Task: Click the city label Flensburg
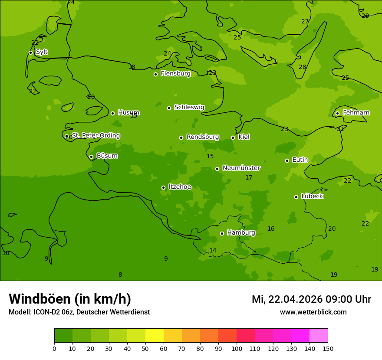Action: (175, 74)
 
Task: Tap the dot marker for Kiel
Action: (233, 137)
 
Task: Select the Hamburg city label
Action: (241, 233)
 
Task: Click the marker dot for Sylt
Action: (30, 52)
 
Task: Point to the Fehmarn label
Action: (356, 113)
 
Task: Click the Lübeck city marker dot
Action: (296, 197)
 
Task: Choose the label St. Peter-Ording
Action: (95, 136)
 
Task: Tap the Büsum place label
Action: (107, 156)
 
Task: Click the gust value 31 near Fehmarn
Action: (340, 129)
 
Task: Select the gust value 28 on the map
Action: (302, 67)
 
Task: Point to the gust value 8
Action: (120, 275)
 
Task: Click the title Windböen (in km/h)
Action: (70, 299)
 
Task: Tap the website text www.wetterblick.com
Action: (313, 312)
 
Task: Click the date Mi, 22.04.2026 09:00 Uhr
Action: (311, 299)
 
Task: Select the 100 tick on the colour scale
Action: (237, 348)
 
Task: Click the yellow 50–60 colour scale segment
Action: (155, 336)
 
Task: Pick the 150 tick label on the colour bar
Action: (328, 348)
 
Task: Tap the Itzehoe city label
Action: (180, 187)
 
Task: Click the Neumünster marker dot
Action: (217, 169)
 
